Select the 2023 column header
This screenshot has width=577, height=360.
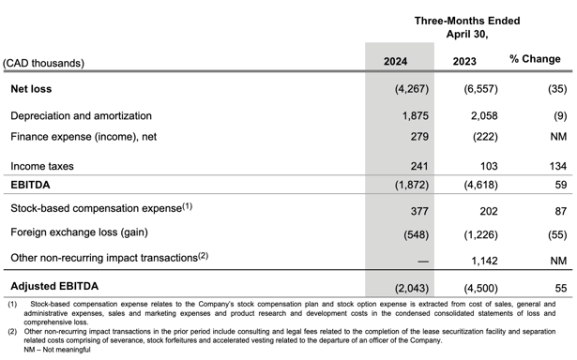coord(463,62)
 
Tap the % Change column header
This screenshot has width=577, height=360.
coord(535,59)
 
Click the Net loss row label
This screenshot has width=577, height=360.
coord(31,89)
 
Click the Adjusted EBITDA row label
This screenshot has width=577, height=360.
coord(54,285)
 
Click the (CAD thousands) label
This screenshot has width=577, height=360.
coord(43,63)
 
